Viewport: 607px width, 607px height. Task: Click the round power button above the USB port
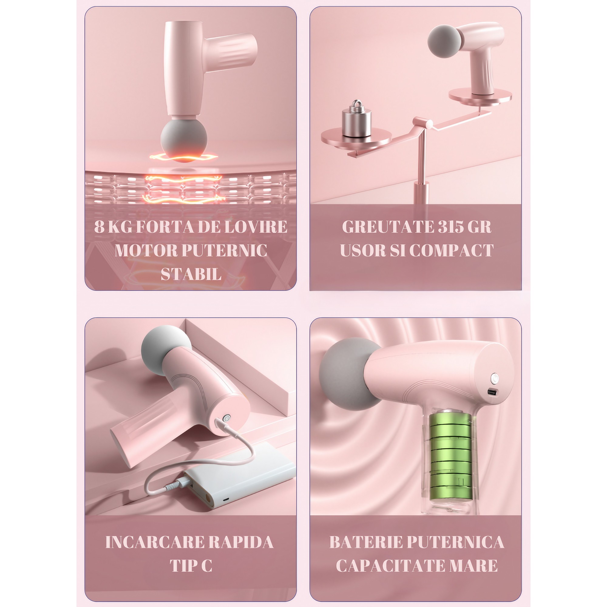(x=495, y=378)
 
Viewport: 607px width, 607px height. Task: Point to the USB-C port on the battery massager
(x=492, y=392)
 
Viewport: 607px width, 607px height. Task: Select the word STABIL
(x=191, y=274)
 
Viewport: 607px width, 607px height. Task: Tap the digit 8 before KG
(x=99, y=227)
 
